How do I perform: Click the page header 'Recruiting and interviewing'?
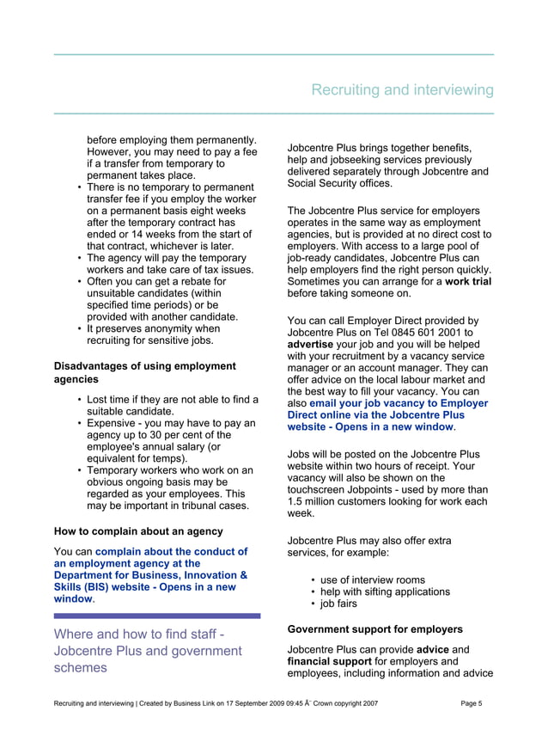click(x=402, y=90)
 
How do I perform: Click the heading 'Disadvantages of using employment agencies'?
click(x=144, y=372)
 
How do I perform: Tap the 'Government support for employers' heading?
click(x=375, y=629)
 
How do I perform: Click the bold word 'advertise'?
click(x=310, y=346)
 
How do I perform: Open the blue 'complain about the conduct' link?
click(x=171, y=552)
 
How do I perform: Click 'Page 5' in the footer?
click(x=471, y=704)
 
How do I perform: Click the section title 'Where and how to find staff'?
click(x=137, y=634)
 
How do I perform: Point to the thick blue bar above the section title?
click(x=156, y=616)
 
